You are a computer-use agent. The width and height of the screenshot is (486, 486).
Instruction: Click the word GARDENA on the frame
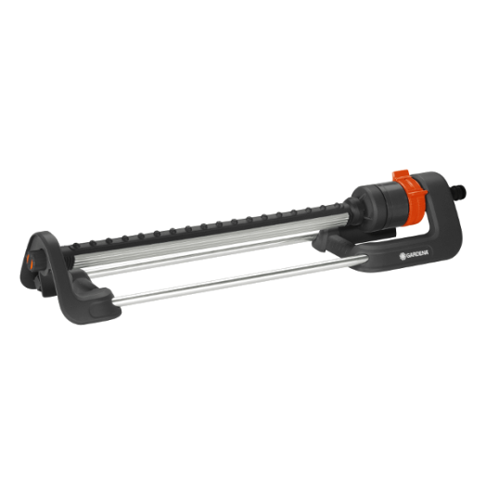417,254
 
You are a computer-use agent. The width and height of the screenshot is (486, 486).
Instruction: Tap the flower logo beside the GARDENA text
403,256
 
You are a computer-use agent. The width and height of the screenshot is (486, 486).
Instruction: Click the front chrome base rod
238,280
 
